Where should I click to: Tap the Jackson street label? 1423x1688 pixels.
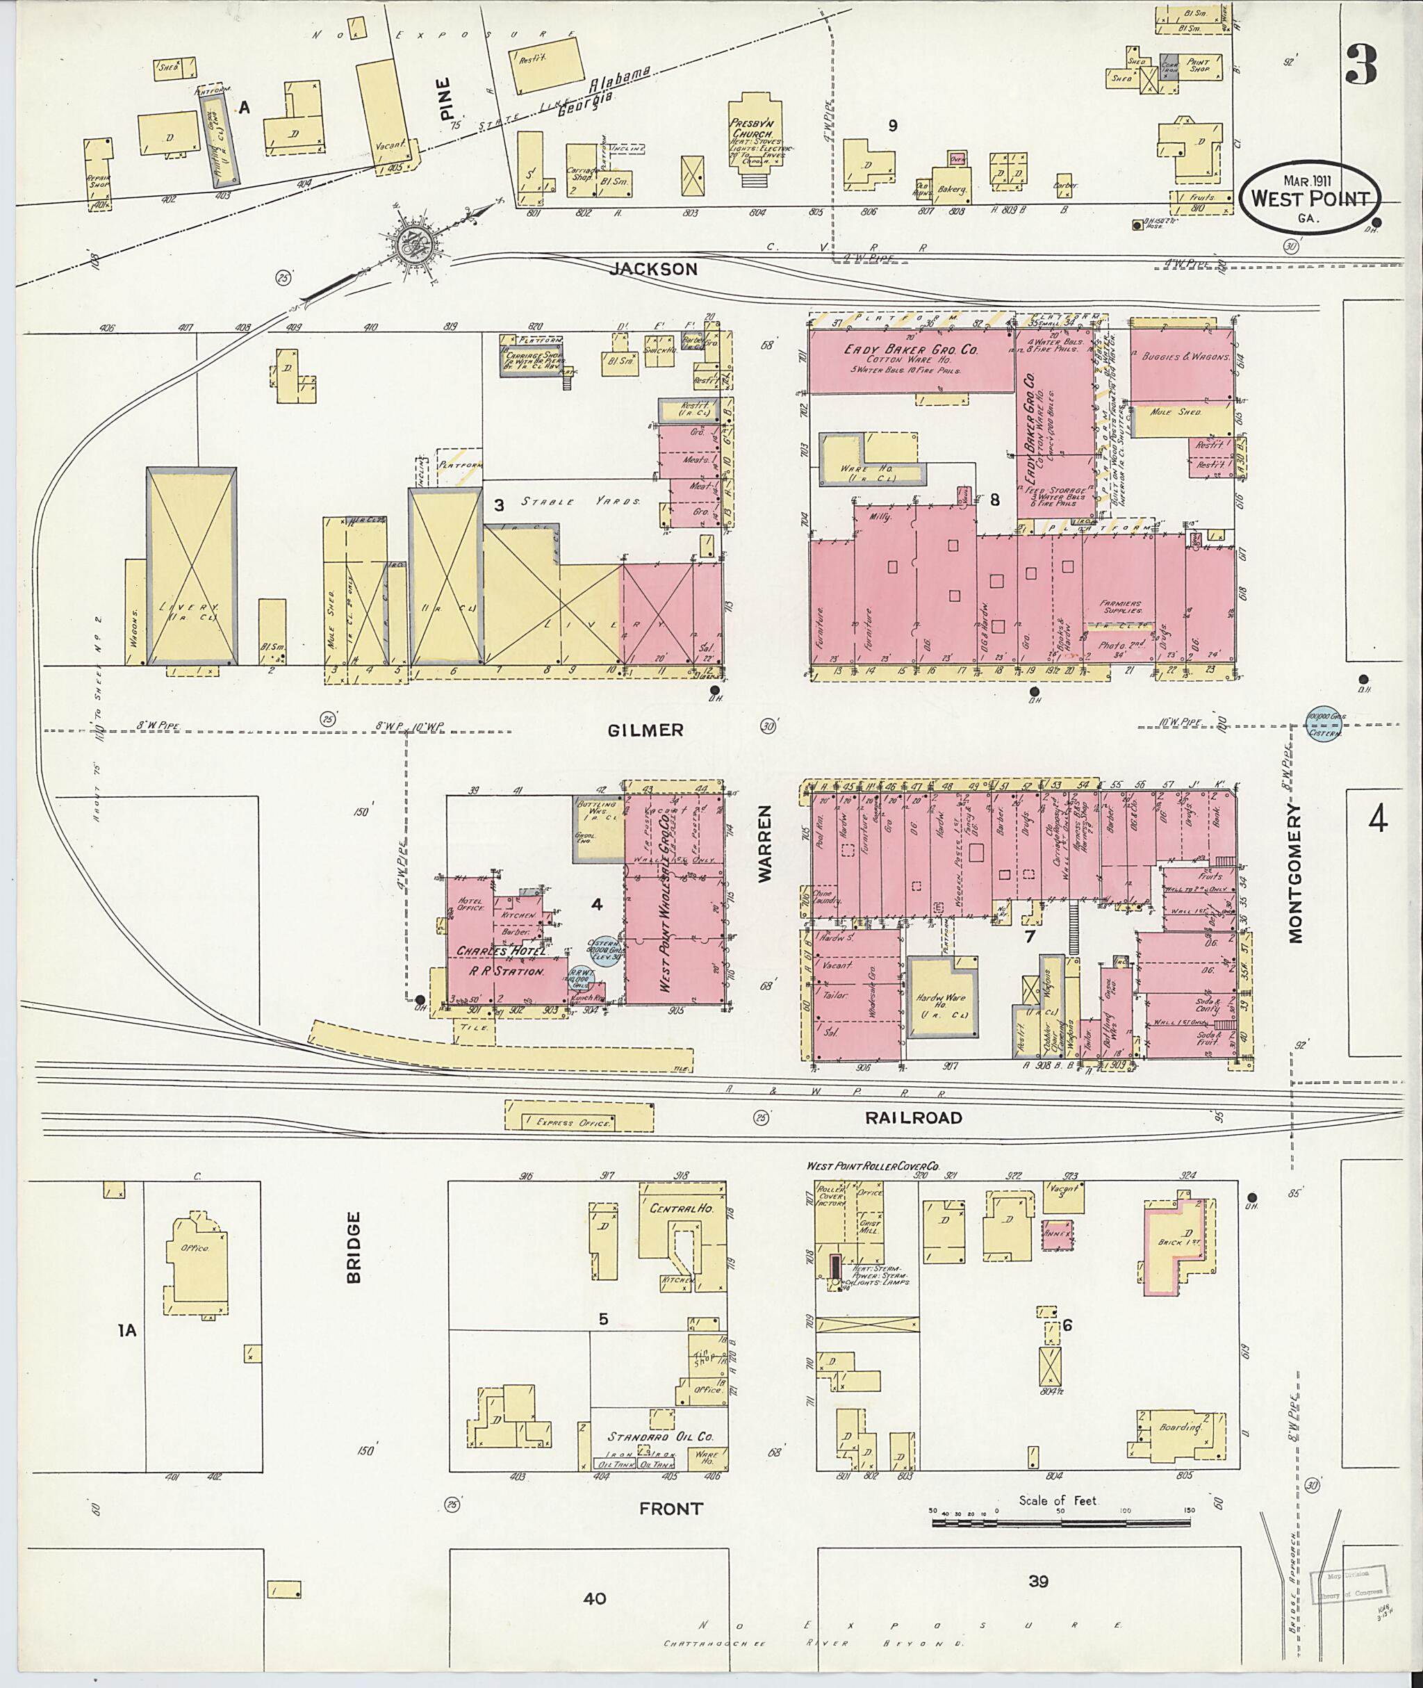652,270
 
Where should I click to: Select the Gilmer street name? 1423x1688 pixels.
645,730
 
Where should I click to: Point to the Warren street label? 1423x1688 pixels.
766,841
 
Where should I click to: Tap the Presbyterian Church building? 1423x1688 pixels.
756,136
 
